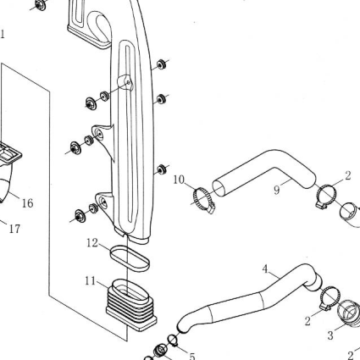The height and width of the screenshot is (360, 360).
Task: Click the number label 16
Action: [x=28, y=202]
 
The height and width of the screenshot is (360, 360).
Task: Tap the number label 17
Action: [x=15, y=229]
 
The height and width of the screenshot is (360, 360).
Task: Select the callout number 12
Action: [x=92, y=242]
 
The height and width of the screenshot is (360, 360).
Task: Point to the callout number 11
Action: [x=91, y=281]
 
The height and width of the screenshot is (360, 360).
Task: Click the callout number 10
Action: [x=179, y=180]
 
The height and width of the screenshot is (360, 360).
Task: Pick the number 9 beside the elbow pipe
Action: [x=277, y=190]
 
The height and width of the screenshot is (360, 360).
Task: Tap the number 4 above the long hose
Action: [x=265, y=269]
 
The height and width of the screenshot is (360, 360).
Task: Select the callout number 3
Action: [x=330, y=335]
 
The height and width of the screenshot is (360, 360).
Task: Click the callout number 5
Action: [x=192, y=356]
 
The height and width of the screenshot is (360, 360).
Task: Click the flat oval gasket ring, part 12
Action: [x=130, y=258]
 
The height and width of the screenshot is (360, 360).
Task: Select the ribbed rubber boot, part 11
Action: [x=131, y=305]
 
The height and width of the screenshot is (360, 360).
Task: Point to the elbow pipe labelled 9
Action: [x=264, y=171]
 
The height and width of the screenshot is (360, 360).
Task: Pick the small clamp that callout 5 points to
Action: [x=173, y=341]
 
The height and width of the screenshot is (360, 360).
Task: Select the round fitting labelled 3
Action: [x=350, y=314]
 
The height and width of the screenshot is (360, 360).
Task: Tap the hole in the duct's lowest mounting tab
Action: [x=103, y=202]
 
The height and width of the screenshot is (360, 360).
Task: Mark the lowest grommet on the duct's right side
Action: [x=162, y=169]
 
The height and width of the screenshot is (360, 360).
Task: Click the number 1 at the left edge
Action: [x=3, y=34]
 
